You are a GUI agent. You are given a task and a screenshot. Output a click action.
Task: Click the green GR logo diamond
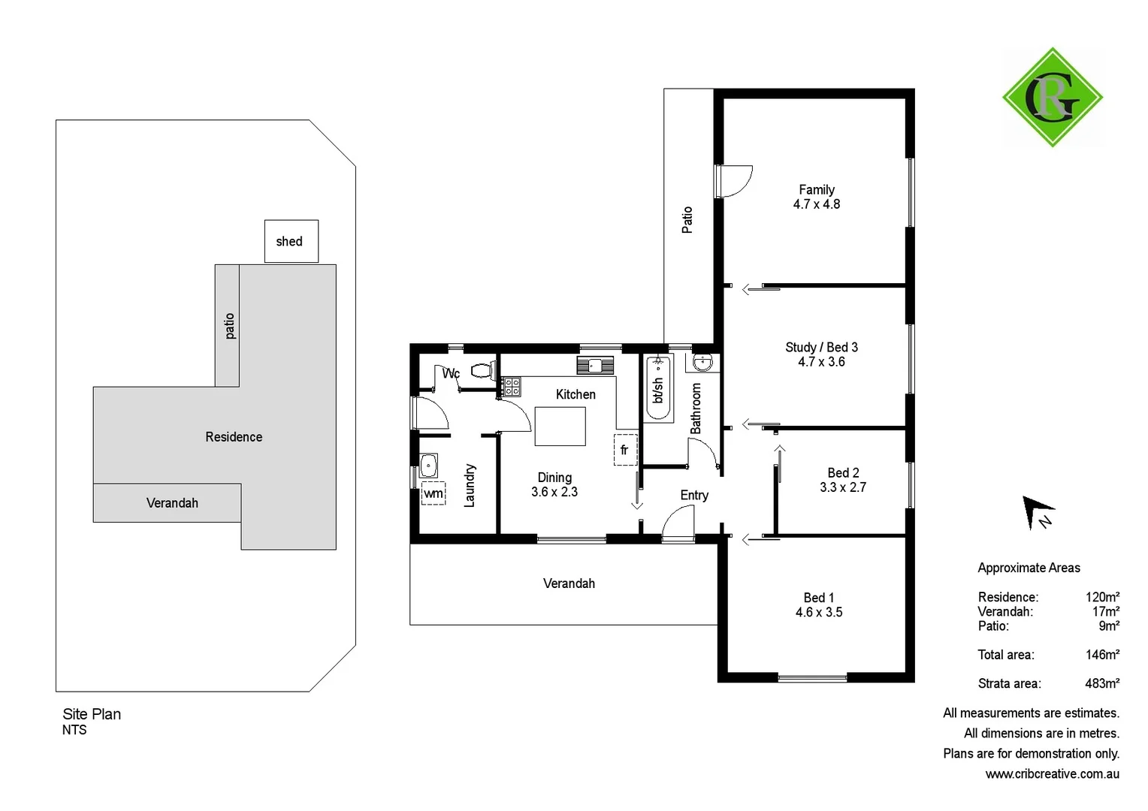coord(1052,98)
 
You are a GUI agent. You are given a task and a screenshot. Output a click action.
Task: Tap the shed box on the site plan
coord(292,241)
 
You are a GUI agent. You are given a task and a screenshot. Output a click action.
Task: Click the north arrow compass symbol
coord(1037,512)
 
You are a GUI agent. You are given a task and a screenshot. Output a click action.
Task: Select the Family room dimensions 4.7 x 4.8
coord(816,204)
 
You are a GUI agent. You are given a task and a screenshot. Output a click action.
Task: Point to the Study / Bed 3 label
coord(821,347)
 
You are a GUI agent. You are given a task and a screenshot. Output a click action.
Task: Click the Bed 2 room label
coord(843,472)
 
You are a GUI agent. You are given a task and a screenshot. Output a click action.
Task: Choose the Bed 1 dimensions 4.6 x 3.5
coord(819,612)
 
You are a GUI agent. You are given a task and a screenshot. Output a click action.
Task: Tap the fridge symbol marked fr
coord(625,450)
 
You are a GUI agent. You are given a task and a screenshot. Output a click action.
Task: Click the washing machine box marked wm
coord(434,493)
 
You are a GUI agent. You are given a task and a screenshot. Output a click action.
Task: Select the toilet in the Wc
coord(482,370)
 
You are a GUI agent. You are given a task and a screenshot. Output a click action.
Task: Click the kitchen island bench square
coord(560,427)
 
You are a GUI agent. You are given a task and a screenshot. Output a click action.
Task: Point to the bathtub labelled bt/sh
coord(659,388)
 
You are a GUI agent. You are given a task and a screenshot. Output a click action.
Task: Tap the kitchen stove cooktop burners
coord(511,387)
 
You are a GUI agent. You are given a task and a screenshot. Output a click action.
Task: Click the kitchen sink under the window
coord(595,366)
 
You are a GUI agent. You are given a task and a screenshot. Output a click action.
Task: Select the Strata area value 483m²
coord(1101,683)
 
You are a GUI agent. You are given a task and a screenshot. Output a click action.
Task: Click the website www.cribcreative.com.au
coord(1052,773)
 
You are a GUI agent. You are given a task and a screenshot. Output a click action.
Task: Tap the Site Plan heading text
coord(92,714)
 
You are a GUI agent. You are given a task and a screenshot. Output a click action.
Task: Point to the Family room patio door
coord(733,181)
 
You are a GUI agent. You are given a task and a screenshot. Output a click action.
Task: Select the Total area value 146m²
coord(1101,655)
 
